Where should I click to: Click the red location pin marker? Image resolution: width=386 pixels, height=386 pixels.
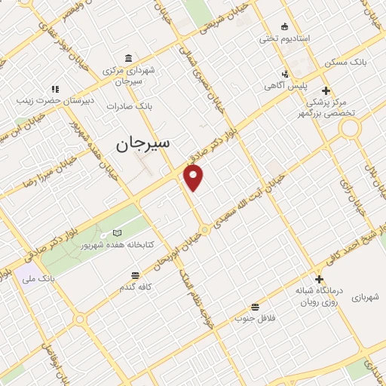(x=194, y=177)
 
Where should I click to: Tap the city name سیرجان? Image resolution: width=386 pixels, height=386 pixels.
(x=143, y=142)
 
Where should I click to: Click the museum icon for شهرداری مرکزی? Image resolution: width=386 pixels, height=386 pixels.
(x=129, y=59)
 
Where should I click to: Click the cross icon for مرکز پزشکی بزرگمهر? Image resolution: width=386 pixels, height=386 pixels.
(x=326, y=90)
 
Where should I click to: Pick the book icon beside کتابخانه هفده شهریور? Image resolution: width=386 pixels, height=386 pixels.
(x=116, y=233)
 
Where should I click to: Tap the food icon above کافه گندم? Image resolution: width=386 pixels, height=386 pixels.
(x=135, y=275)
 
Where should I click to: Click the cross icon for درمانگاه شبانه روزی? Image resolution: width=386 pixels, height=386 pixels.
(x=320, y=280)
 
